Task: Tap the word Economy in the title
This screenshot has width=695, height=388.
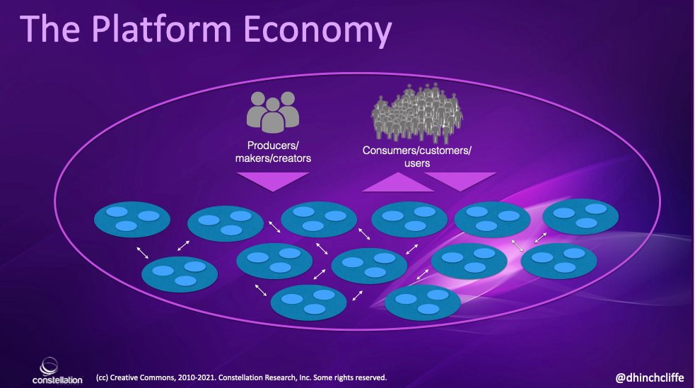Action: coord(317,31)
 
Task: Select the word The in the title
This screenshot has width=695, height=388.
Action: coord(54,31)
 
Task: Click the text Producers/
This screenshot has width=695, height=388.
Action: coord(273,146)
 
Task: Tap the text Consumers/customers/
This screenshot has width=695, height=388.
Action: coord(416,151)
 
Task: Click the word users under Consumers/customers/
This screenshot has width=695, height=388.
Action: coord(416,163)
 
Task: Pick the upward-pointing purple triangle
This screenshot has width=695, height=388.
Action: coord(398,183)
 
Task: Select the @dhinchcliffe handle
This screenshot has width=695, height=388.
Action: coord(650,377)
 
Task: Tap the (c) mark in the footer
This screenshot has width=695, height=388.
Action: coord(101,377)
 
